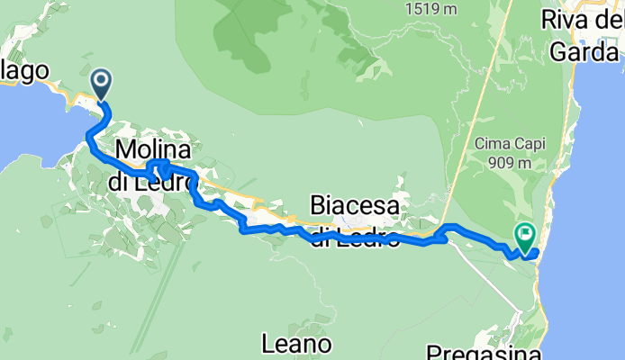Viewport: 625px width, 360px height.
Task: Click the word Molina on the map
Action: (152, 149)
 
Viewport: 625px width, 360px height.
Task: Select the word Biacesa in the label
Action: (355, 206)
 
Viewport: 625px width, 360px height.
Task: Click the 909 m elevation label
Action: (511, 165)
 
